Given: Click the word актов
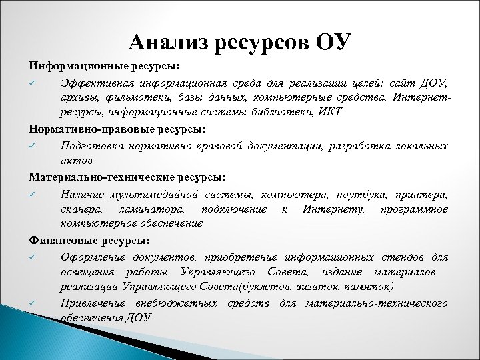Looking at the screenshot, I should (75, 160).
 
